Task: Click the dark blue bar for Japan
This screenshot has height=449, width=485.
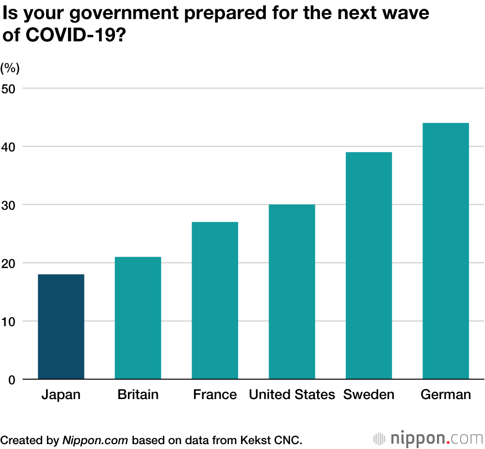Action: (61, 326)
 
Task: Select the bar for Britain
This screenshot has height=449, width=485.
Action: (138, 318)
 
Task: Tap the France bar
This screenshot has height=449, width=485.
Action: (215, 300)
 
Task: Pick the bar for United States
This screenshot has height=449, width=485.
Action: (291, 291)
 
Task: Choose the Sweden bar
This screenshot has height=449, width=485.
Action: (369, 265)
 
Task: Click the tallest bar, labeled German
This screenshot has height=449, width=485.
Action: (446, 251)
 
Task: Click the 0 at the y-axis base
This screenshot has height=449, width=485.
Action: (13, 380)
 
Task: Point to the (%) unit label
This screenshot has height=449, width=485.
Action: (10, 68)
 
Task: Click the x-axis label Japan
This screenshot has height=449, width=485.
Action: (61, 395)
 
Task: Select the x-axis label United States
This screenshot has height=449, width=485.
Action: (291, 395)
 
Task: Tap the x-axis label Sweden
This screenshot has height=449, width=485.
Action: (369, 395)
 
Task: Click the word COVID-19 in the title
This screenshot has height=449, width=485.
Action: (72, 35)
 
